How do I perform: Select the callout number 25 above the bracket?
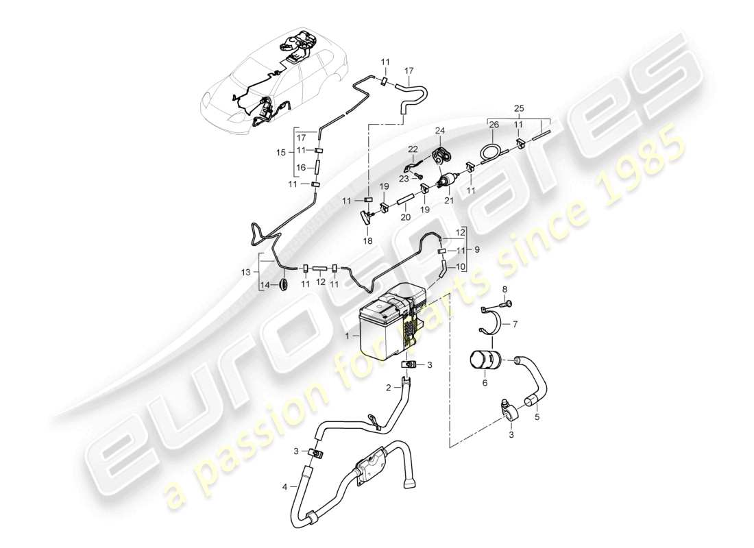click(518, 109)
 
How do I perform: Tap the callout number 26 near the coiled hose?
click(494, 124)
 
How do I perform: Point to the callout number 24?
click(439, 131)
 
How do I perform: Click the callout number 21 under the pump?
click(449, 200)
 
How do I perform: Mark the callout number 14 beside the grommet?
click(264, 285)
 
